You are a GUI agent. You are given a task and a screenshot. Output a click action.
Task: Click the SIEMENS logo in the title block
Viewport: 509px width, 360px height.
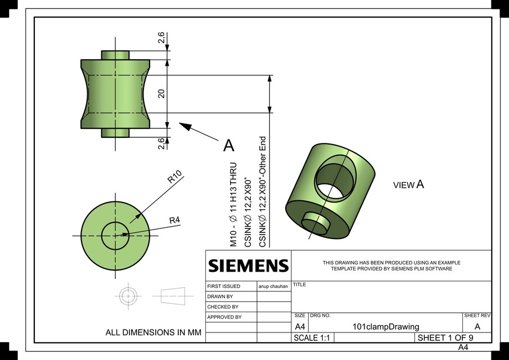[248, 265]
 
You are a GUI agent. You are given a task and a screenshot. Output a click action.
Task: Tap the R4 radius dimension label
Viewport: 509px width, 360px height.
[174, 220]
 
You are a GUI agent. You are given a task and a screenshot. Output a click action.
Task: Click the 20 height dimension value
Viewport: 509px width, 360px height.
[161, 93]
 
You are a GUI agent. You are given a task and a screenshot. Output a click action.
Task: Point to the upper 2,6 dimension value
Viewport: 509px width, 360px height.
[161, 38]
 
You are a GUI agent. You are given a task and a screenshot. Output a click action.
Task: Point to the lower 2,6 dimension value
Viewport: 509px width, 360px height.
[161, 143]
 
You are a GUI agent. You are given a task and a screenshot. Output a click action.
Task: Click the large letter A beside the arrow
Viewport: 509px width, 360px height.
[228, 146]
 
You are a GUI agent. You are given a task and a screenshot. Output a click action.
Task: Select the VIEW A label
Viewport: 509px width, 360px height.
[408, 184]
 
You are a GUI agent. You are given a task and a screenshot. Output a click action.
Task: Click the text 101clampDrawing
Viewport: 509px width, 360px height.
[385, 327]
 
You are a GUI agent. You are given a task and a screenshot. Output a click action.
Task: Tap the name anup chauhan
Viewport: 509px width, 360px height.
[273, 286]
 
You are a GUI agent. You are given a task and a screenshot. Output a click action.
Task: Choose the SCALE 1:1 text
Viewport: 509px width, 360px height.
[312, 338]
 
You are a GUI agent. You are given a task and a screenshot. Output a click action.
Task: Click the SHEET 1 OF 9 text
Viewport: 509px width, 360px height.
[445, 338]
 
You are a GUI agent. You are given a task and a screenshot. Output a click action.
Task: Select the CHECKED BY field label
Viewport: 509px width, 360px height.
[223, 307]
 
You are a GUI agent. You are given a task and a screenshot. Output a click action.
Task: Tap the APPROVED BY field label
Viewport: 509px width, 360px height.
[224, 317]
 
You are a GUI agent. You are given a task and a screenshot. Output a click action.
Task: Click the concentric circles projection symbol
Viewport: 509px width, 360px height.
[128, 295]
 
